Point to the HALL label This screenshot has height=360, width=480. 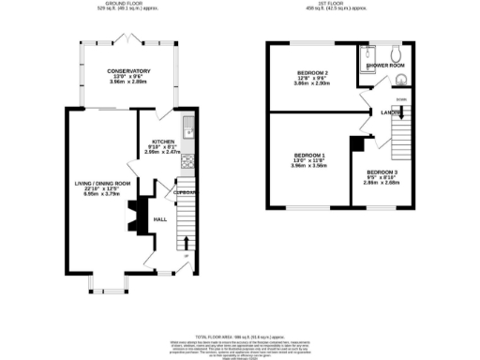pos(159,219)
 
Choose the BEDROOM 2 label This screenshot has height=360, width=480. pos(313,72)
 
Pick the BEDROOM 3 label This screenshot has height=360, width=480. pos(382,172)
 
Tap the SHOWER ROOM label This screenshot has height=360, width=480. pos(385,67)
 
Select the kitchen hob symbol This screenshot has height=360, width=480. pos(187,161)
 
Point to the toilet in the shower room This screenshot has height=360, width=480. pos(397,52)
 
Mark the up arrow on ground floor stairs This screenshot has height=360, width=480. pos(184,255)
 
